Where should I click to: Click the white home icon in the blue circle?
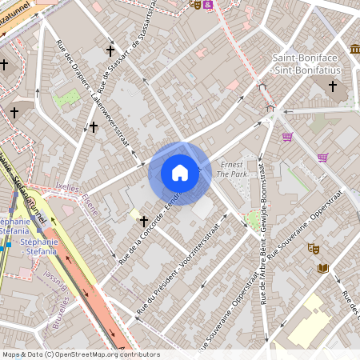180,173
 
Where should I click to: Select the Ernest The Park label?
232,169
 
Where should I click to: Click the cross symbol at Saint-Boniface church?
333,85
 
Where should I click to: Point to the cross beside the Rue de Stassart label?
110,50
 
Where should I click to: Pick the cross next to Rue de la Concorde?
144,220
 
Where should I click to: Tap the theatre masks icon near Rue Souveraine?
312,249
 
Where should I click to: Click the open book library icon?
323,268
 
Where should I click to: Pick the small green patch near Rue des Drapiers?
67,98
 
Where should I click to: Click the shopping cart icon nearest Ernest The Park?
287,136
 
